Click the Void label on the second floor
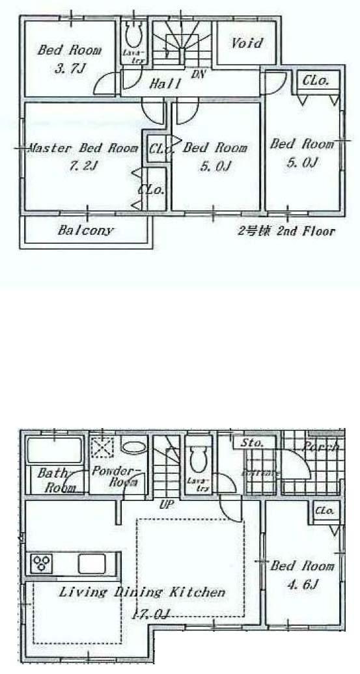point(247,44)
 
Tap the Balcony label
point(85,230)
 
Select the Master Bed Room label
point(83,148)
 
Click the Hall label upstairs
point(165,84)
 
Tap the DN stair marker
point(198,74)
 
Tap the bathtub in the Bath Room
point(53,450)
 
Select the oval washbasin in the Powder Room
point(133,448)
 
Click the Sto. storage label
point(252,443)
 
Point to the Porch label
point(320,447)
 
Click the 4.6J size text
point(303,585)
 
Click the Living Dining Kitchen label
point(142,593)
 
